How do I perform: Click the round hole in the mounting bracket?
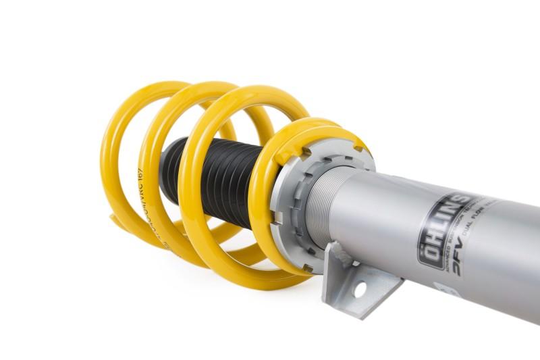(360, 289)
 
